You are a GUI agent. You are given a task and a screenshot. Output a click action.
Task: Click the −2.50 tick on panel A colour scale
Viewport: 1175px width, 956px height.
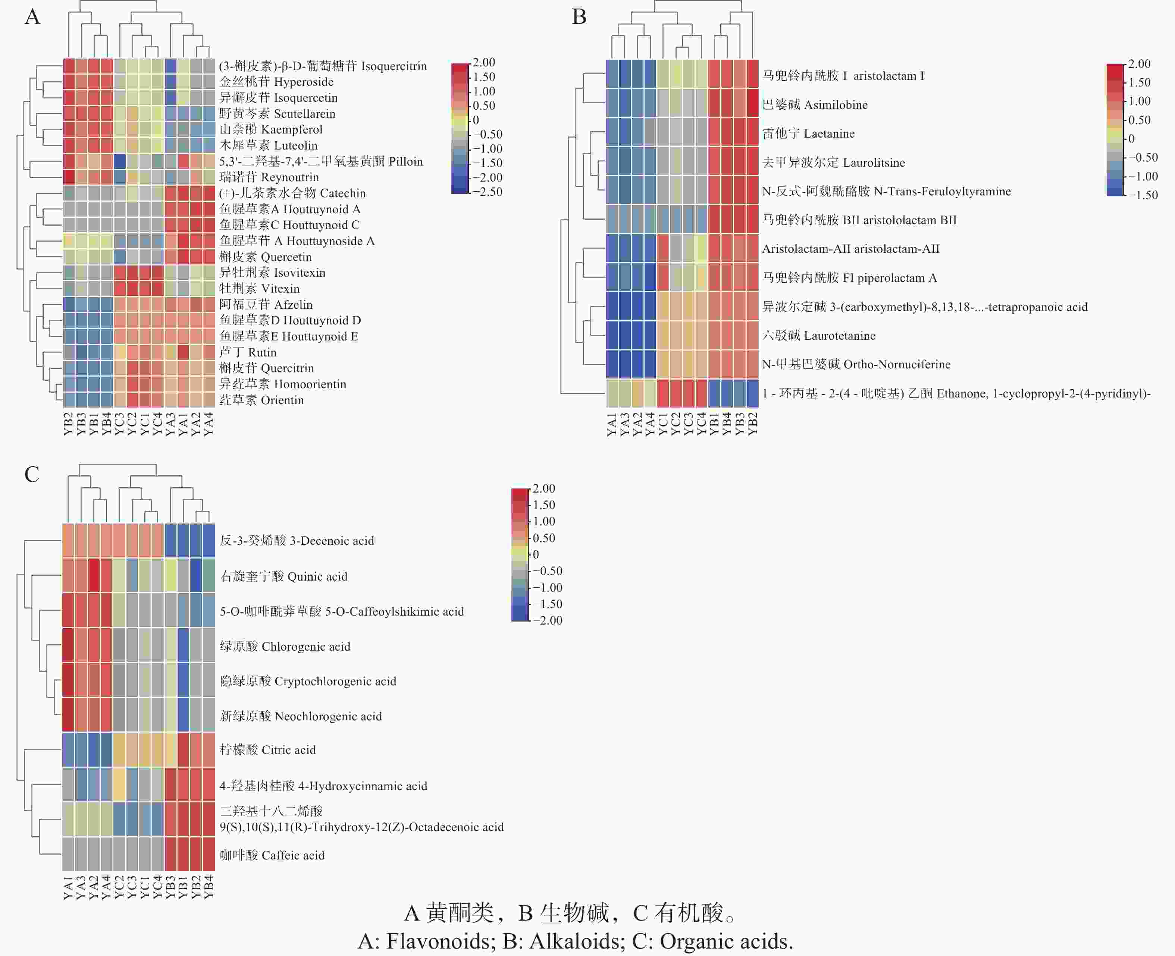[488, 192]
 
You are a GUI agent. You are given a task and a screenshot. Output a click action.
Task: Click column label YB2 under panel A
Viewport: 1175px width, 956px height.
[68, 424]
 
